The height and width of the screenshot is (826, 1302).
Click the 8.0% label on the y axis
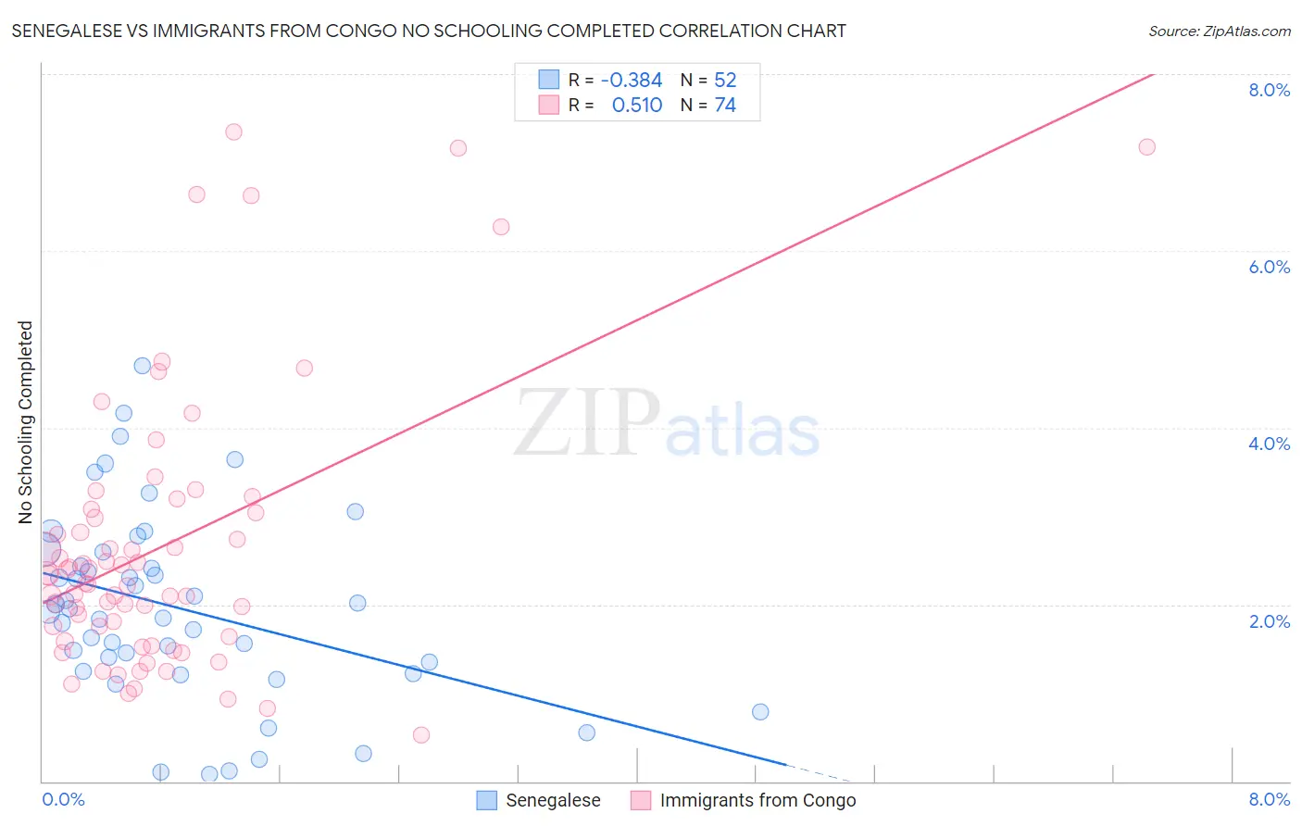[x=1269, y=90]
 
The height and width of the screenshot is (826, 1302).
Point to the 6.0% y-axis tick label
[x=1269, y=267]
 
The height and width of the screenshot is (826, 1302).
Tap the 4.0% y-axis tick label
[x=1269, y=444]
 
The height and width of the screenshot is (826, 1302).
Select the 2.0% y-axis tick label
[x=1269, y=621]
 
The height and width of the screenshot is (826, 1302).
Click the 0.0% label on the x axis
[x=63, y=799]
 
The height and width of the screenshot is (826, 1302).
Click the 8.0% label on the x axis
[x=1269, y=799]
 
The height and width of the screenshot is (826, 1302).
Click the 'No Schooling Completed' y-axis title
[x=26, y=422]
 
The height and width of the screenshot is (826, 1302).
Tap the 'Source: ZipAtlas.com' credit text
[x=1219, y=31]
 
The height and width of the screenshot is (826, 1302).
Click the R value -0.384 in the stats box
[x=631, y=81]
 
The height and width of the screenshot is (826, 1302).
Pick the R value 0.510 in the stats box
[x=636, y=106]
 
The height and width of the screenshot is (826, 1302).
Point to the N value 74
[x=724, y=106]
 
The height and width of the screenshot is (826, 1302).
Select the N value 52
[x=724, y=81]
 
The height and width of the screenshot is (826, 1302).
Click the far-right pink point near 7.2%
[x=1146, y=146]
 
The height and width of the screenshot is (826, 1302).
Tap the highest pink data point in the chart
[x=233, y=131]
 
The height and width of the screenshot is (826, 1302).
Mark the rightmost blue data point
[x=760, y=711]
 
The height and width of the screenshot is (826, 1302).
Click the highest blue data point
[x=142, y=366]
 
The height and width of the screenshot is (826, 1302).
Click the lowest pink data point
[x=421, y=735]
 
